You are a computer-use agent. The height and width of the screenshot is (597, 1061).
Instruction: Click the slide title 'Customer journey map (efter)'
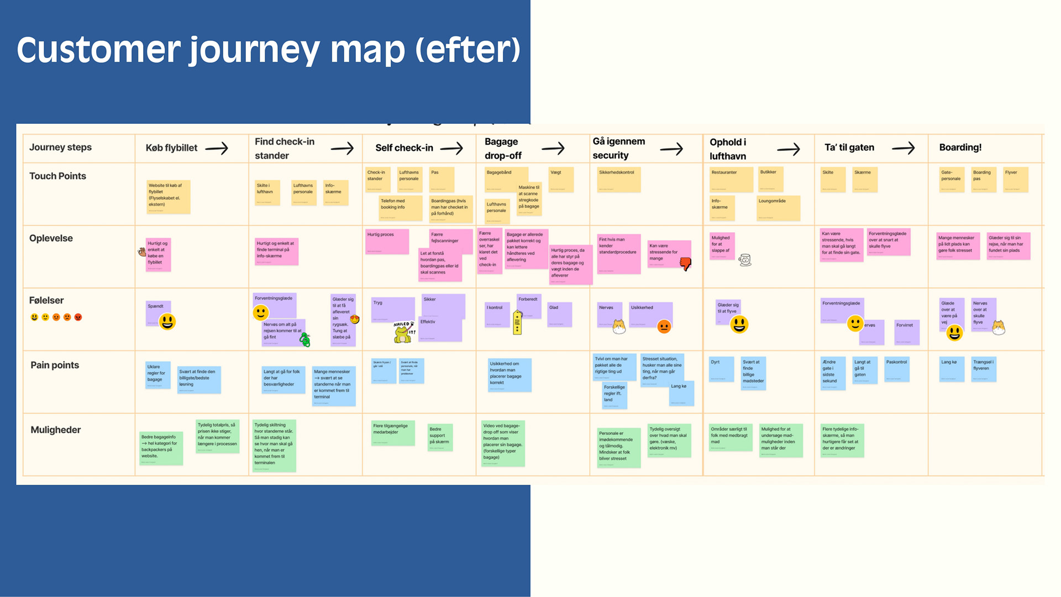pyautogui.click(x=269, y=50)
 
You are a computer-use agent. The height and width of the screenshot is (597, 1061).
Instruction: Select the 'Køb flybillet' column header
pyautogui.click(x=171, y=148)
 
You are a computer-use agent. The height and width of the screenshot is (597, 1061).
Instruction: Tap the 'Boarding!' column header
pyautogui.click(x=960, y=148)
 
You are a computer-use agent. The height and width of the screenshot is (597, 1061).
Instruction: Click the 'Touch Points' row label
pyautogui.click(x=57, y=176)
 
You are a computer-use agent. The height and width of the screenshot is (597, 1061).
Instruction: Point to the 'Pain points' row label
pyautogui.click(x=55, y=365)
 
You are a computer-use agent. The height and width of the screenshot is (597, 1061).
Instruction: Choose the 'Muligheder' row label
pyautogui.click(x=55, y=430)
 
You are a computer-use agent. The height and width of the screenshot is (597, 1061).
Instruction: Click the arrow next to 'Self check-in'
pyautogui.click(x=451, y=148)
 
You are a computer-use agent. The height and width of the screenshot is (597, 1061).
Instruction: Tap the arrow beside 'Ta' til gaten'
pyautogui.click(x=903, y=148)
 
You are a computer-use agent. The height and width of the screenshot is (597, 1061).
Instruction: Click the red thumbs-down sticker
pyautogui.click(x=685, y=264)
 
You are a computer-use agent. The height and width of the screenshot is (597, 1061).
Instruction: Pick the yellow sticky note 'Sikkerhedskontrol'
pyautogui.click(x=619, y=180)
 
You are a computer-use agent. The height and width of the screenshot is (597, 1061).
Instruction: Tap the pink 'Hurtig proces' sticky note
pyautogui.click(x=387, y=242)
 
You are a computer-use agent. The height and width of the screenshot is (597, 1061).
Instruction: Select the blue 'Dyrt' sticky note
pyautogui.click(x=721, y=369)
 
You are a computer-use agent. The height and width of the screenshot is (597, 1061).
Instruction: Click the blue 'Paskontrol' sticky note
pyautogui.click(x=897, y=369)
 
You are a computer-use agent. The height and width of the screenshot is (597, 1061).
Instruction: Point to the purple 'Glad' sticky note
pyautogui.click(x=559, y=314)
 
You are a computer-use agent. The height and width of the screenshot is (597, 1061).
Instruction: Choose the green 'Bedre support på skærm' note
pyautogui.click(x=440, y=437)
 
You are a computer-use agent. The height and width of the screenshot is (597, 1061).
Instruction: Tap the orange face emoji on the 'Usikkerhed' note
pyautogui.click(x=664, y=327)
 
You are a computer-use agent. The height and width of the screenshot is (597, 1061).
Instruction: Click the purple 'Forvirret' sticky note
pyautogui.click(x=907, y=332)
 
